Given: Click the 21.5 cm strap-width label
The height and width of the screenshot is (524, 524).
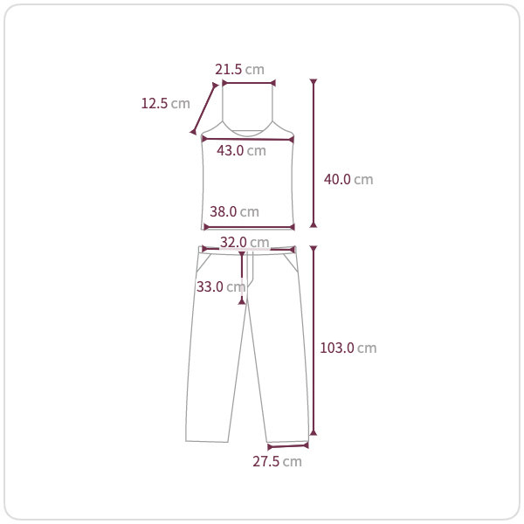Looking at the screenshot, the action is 239,69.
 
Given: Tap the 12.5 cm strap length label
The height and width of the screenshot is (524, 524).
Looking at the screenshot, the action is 165,103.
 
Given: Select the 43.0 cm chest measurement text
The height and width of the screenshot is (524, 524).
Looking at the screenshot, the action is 241,150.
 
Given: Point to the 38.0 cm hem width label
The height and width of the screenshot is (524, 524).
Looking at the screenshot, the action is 234,211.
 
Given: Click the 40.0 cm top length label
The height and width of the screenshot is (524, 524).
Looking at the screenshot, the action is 348,179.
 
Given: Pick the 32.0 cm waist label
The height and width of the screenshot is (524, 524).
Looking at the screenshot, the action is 245,242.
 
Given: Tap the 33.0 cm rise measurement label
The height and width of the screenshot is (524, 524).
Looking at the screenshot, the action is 221,286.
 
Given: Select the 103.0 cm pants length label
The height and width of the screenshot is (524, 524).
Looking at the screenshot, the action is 348,348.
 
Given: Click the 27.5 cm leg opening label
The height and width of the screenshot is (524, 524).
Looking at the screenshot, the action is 277,461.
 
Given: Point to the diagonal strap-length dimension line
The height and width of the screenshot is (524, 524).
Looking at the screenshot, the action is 203,109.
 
